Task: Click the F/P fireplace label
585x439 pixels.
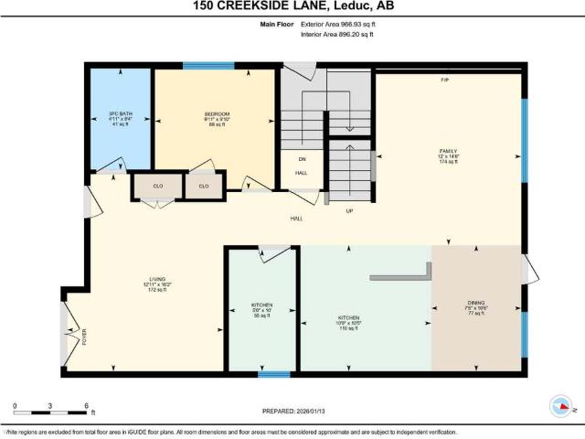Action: tap(444, 80)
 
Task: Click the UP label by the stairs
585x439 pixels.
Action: tap(348, 211)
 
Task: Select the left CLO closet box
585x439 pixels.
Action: tap(157, 186)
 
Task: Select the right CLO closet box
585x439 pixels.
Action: tap(204, 186)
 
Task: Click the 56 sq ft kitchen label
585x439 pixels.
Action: tap(262, 309)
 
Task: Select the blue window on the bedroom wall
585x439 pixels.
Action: tap(208, 65)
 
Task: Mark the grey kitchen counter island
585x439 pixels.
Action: tap(402, 274)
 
